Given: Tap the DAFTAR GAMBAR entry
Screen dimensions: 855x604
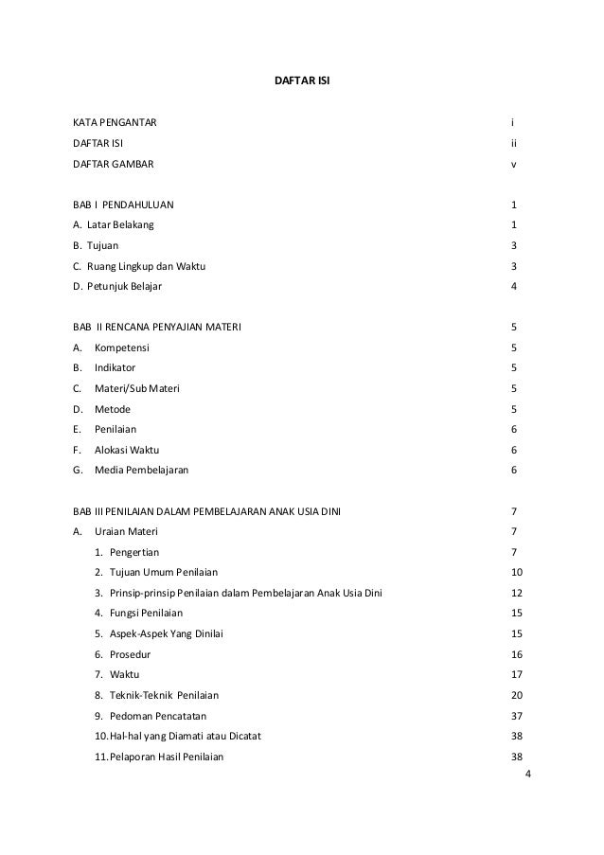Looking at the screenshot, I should coord(112,164).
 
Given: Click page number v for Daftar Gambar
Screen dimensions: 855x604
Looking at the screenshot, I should coord(513,164).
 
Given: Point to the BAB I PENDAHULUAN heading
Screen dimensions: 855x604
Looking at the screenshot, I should coord(123,205).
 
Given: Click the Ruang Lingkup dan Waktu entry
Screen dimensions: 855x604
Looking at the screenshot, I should coord(138,266).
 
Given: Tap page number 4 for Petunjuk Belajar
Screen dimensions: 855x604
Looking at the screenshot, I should coord(513,287).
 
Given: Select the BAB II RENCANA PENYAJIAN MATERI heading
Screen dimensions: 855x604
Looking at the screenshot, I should coord(157,328).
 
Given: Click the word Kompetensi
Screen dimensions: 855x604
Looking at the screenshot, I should coord(121,348).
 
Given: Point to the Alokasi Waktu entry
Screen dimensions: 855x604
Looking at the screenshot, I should coord(127,451).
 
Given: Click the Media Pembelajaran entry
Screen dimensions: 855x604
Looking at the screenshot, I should coord(141,471).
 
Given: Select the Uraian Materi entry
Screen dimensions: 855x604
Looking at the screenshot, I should coord(126,532).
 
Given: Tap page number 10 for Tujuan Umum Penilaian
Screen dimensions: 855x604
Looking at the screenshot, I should coord(516,573).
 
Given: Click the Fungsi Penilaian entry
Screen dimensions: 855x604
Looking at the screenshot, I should coord(145,614).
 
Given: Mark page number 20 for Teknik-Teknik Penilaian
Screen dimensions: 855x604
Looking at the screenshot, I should coord(516,695).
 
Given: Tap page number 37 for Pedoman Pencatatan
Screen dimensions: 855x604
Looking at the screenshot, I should coord(516,716).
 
